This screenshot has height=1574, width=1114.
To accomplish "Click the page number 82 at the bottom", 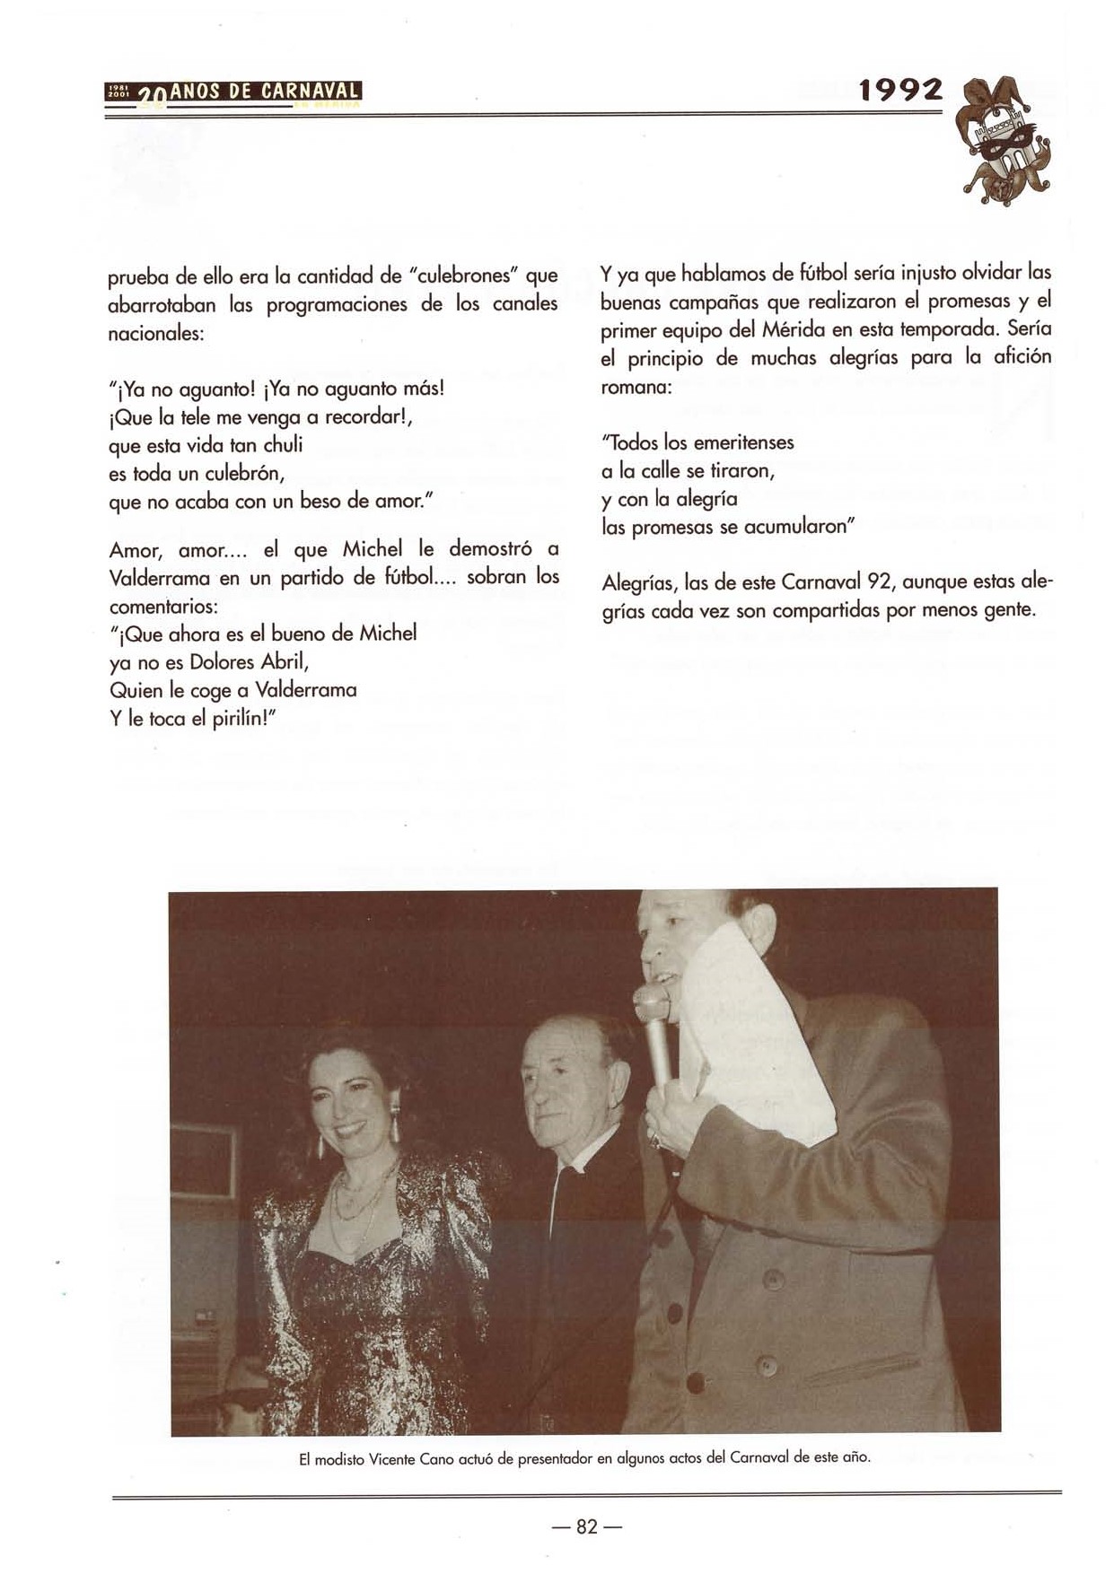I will tap(586, 1526).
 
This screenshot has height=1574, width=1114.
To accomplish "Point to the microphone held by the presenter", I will tap(655, 1032).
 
